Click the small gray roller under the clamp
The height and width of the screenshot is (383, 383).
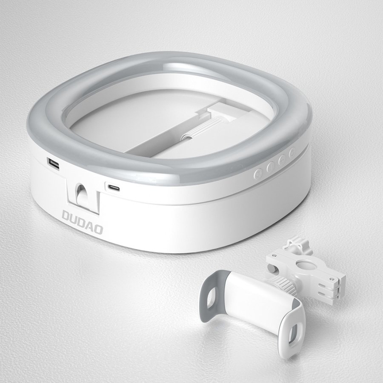click(271, 267)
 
